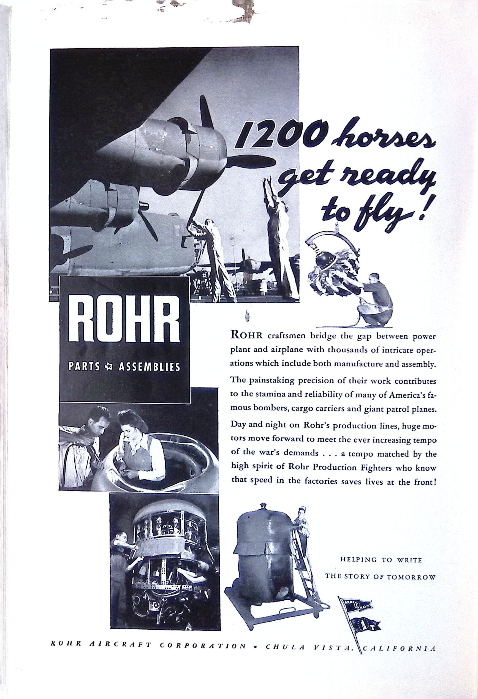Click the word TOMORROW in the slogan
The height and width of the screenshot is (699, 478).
(x=415, y=577)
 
